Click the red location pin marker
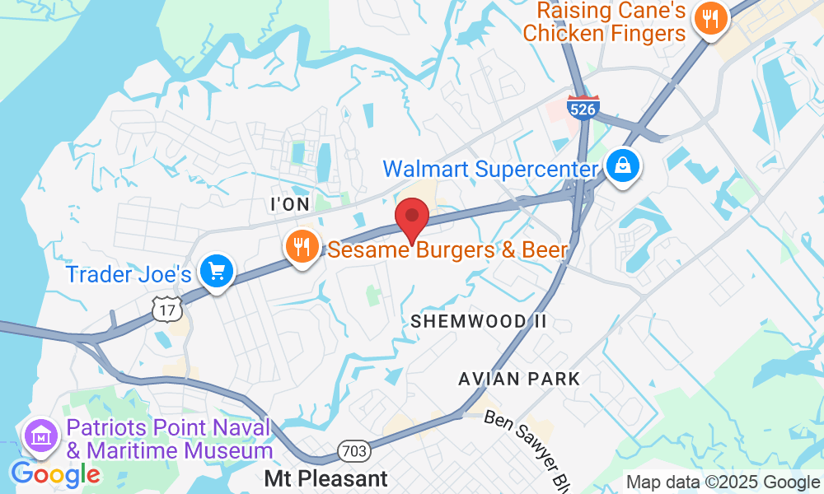pyautogui.click(x=412, y=217)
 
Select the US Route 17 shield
pyautogui.click(x=167, y=309)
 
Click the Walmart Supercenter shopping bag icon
pyautogui.click(x=624, y=165)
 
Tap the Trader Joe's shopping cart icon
pyautogui.click(x=217, y=271)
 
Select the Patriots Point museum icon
pyautogui.click(x=40, y=436)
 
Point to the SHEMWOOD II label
pyautogui.click(x=479, y=321)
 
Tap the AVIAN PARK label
pyautogui.click(x=520, y=379)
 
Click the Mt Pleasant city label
pyautogui.click(x=325, y=478)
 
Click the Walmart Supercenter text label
pyautogui.click(x=489, y=170)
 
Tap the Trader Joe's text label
pyautogui.click(x=129, y=274)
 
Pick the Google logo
pyautogui.click(x=55, y=474)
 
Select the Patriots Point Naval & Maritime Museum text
pyautogui.click(x=170, y=440)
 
